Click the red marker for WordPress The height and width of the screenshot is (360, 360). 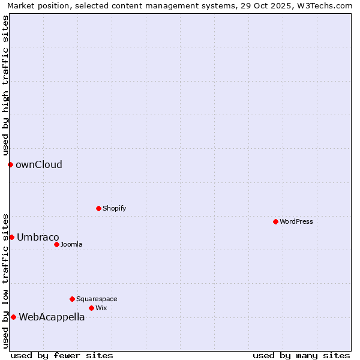(275, 221)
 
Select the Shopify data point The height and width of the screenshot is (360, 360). (98, 208)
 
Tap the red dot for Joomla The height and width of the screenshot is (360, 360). (56, 244)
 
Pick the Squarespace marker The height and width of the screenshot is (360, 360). (72, 299)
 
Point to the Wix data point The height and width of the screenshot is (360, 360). (91, 308)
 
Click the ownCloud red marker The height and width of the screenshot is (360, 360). (10, 164)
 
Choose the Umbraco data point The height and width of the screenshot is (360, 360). (11, 237)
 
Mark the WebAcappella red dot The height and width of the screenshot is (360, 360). (13, 317)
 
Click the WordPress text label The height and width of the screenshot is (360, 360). (296, 221)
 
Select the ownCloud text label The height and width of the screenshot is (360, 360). (39, 165)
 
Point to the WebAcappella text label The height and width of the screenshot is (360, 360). (52, 317)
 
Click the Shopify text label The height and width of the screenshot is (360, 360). (115, 208)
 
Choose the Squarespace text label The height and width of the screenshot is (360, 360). (97, 299)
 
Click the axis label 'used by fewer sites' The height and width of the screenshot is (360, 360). (62, 355)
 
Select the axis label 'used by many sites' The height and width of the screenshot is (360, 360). (301, 355)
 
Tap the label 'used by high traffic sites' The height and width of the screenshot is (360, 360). (6, 85)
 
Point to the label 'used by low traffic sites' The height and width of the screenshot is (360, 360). (6, 280)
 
